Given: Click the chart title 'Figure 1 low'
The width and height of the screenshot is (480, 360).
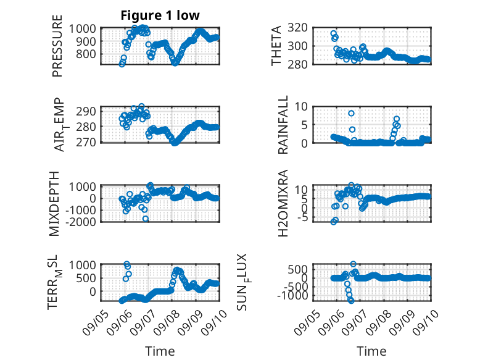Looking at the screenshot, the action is click(x=160, y=15).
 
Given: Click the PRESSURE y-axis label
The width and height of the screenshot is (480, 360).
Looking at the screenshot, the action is click(x=57, y=46).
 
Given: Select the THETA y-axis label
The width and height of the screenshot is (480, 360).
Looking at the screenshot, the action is click(x=276, y=46).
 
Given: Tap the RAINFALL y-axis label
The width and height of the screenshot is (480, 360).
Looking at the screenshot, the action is click(x=283, y=124).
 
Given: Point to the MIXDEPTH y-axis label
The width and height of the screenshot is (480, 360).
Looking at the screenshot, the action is click(x=54, y=203).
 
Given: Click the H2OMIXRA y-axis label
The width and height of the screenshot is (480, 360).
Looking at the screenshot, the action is click(x=283, y=203).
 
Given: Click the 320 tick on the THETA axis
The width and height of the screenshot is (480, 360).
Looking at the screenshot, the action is click(x=297, y=28).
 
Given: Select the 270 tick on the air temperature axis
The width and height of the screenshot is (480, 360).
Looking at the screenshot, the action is click(x=86, y=142).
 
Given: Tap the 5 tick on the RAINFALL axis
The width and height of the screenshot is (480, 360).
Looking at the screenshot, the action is click(x=304, y=125).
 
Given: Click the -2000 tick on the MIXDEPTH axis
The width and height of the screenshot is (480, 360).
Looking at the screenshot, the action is click(x=81, y=222).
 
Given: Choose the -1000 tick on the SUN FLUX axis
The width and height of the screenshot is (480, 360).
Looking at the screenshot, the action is click(x=292, y=296).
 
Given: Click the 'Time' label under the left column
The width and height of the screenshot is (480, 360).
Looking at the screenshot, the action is click(x=160, y=351).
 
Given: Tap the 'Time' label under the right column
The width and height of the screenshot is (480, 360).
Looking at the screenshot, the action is click(x=371, y=351).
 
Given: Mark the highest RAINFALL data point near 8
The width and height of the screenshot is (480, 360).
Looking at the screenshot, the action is click(x=351, y=114).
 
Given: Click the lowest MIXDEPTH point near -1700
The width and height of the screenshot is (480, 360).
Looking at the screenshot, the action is click(x=146, y=219).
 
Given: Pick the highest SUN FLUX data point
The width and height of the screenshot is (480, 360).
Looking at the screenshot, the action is click(x=353, y=264).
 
